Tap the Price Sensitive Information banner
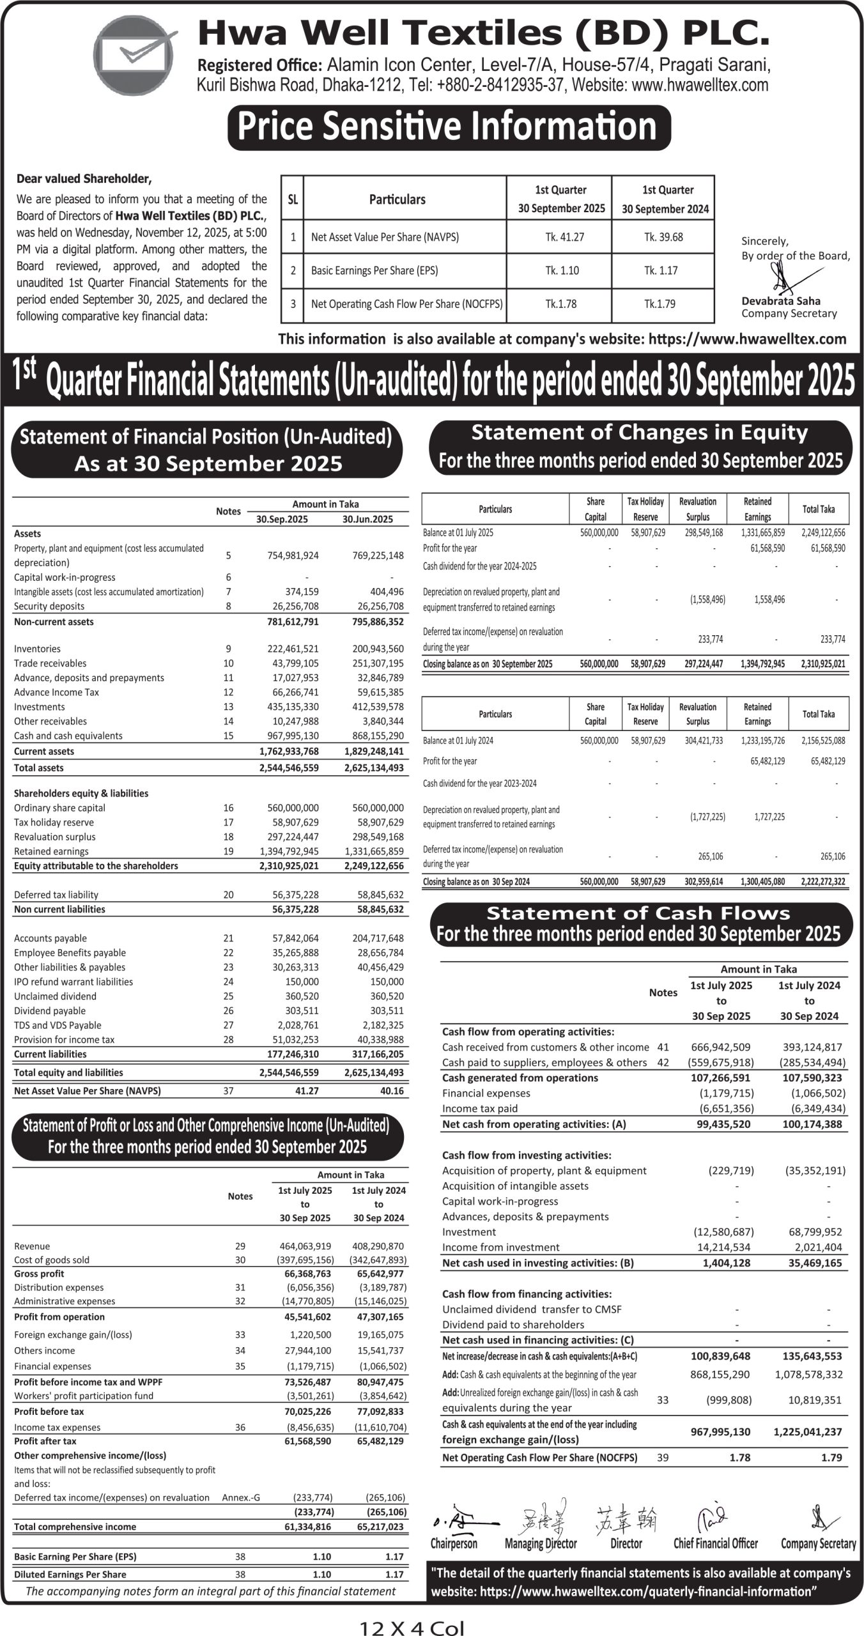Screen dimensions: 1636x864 coord(449,127)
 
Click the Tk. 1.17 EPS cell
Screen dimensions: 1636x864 coord(663,270)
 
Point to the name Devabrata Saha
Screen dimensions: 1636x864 coord(781,301)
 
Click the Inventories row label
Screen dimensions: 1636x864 coord(37,649)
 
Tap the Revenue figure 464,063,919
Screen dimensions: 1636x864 coord(305,1246)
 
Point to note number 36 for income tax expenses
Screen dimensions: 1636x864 coord(240,1427)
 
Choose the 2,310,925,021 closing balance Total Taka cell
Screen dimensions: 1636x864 coord(822,664)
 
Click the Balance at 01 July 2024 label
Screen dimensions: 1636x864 coord(458,741)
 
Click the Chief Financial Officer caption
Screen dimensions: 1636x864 coord(715,1544)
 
